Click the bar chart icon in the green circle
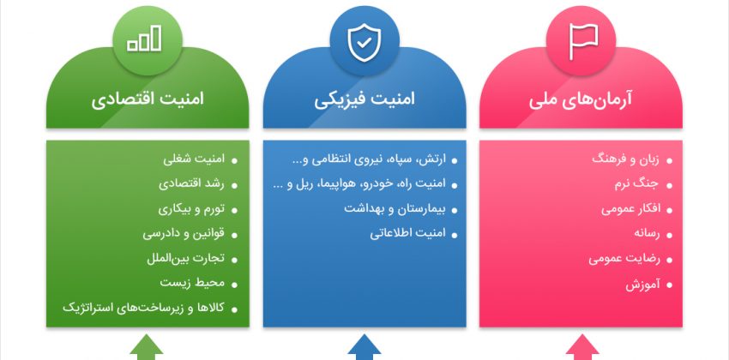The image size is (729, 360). click(x=145, y=39)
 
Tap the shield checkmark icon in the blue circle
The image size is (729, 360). click(x=364, y=42)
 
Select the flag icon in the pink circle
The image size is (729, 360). click(x=583, y=42)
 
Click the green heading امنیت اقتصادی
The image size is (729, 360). click(x=148, y=100)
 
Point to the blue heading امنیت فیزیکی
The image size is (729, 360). click(x=364, y=100)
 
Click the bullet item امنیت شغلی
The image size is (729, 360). click(x=194, y=159)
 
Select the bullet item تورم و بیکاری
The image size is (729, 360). click(x=191, y=209)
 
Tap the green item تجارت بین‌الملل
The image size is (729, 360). click(x=185, y=259)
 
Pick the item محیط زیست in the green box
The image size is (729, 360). click(x=192, y=283)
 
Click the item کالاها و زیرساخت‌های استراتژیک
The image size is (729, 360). click(x=144, y=308)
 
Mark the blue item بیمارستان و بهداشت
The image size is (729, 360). click(x=395, y=209)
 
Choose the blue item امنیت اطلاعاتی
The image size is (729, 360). click(x=407, y=234)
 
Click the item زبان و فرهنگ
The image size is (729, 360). click(x=625, y=159)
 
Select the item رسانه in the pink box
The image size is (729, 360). click(x=647, y=234)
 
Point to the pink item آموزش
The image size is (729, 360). click(x=642, y=285)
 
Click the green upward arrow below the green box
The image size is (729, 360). click(x=147, y=347)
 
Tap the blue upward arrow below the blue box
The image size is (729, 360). click(x=364, y=347)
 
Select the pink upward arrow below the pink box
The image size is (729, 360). click(x=582, y=347)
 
